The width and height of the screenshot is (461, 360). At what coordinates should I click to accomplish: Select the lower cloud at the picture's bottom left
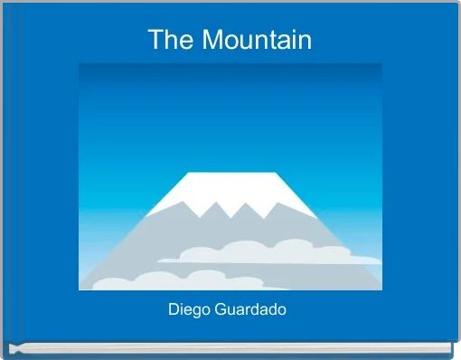click(136, 281)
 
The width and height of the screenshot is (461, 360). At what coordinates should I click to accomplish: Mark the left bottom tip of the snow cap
click(146, 216)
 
